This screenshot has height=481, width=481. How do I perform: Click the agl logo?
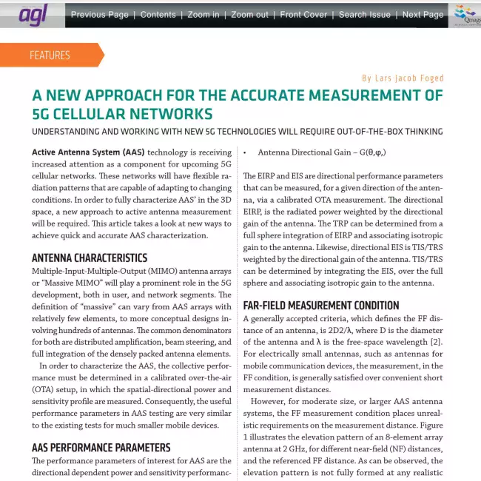[33, 15]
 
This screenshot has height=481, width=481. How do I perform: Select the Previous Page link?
[99, 15]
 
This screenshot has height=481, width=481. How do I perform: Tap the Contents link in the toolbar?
[158, 15]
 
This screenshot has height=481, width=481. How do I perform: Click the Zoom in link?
[203, 15]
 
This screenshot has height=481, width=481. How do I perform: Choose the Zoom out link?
[249, 15]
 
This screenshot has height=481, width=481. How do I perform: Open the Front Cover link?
[303, 15]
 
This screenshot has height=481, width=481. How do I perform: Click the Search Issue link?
[364, 15]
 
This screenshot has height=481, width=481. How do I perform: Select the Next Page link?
[423, 15]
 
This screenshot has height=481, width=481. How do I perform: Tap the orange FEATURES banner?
[50, 55]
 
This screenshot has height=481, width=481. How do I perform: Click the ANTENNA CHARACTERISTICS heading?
[89, 258]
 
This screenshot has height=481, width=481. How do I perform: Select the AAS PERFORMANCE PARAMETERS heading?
[101, 448]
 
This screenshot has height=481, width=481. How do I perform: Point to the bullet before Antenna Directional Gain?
[245, 152]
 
